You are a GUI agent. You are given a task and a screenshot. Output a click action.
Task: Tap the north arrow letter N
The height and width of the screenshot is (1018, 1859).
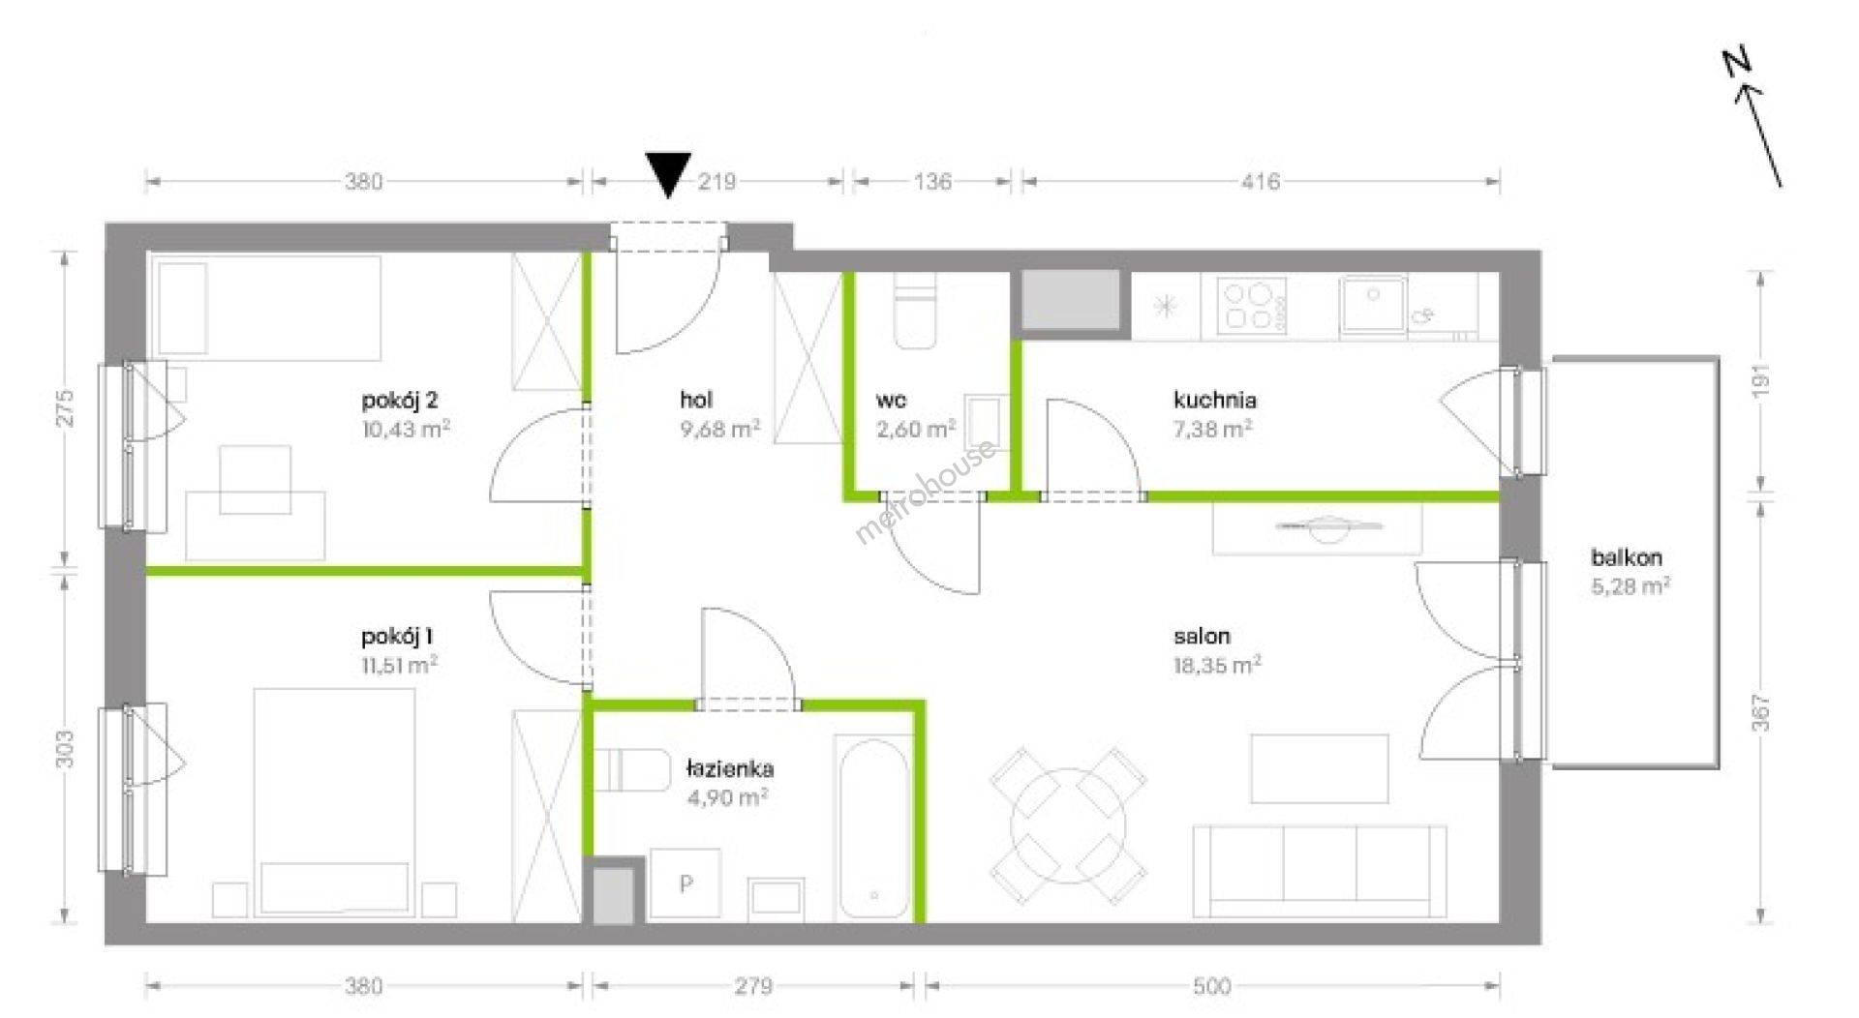tap(1738, 65)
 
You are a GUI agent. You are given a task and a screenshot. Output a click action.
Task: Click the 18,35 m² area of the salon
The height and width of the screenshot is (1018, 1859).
tap(1217, 665)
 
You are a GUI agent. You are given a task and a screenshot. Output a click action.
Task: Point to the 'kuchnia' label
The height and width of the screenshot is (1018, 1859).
tap(1215, 400)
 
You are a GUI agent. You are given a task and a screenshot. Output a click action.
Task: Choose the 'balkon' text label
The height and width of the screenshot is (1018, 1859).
tap(1627, 557)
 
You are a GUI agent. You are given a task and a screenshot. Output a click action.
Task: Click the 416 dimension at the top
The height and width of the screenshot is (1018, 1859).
tap(1261, 181)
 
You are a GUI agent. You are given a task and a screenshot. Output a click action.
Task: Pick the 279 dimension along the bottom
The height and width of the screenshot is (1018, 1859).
tap(753, 986)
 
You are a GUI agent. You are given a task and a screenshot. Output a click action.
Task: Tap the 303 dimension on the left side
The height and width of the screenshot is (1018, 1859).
tap(65, 748)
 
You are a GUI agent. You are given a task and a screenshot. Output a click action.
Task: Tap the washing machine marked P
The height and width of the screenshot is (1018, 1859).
tap(686, 883)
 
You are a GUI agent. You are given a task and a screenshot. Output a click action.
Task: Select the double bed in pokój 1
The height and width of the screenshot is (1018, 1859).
tap(334, 802)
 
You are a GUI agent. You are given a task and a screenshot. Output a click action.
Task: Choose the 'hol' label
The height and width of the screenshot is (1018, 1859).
tap(696, 400)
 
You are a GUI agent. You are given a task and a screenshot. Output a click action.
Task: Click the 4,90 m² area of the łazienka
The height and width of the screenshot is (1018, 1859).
tap(727, 797)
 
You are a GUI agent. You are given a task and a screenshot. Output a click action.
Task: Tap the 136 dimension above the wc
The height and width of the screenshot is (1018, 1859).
tap(932, 181)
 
